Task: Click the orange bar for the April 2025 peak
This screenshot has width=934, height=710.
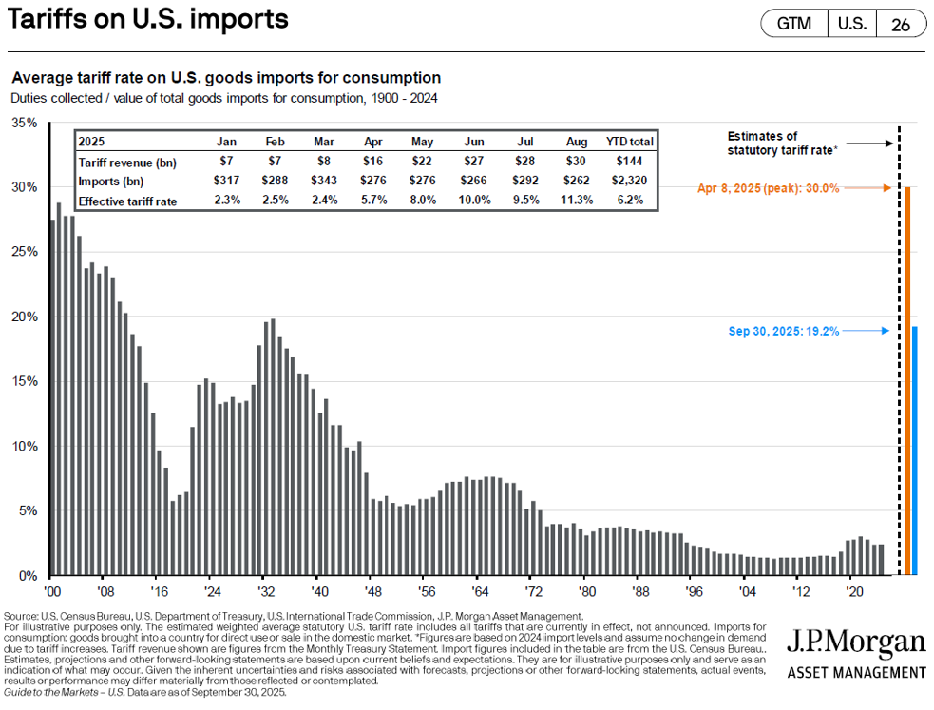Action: [x=907, y=380]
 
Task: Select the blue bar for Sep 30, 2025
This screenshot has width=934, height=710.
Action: [x=915, y=451]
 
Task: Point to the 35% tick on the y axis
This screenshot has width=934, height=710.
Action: [x=25, y=123]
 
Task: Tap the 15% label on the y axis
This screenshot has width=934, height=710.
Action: [x=25, y=381]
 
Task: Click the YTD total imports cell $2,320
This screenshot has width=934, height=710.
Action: [x=628, y=181]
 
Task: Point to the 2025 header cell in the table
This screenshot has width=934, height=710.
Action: [x=93, y=141]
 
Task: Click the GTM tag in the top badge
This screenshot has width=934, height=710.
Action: [x=794, y=24]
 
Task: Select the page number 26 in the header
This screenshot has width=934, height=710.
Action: [x=900, y=25]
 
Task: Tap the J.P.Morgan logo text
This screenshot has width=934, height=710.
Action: [x=855, y=643]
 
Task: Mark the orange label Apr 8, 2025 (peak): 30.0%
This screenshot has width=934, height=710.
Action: [x=768, y=188]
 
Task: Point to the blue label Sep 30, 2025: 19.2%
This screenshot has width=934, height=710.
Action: [x=784, y=331]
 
